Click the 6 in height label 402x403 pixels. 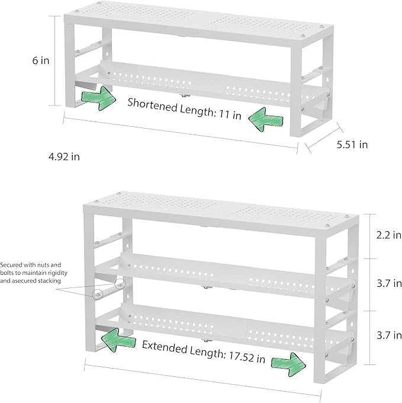pos(41,60)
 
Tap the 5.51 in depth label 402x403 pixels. pos(352,145)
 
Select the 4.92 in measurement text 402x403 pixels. pos(64,156)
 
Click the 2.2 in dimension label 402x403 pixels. pos(388,235)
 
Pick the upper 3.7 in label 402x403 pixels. pos(389,283)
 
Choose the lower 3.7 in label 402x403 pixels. pos(389,335)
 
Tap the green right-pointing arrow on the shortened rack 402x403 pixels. pos(98,98)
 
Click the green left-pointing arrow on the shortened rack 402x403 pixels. pos(266,120)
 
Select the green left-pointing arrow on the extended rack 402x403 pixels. pos(118,339)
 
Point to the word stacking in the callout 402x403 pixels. pos(49,281)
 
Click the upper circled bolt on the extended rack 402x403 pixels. pos(120,284)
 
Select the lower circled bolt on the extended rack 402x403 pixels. pos(97,294)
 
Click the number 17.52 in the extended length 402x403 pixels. pos(241,357)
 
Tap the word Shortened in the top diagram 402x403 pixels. pos(152,105)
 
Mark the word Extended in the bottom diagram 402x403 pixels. pos(165,347)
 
